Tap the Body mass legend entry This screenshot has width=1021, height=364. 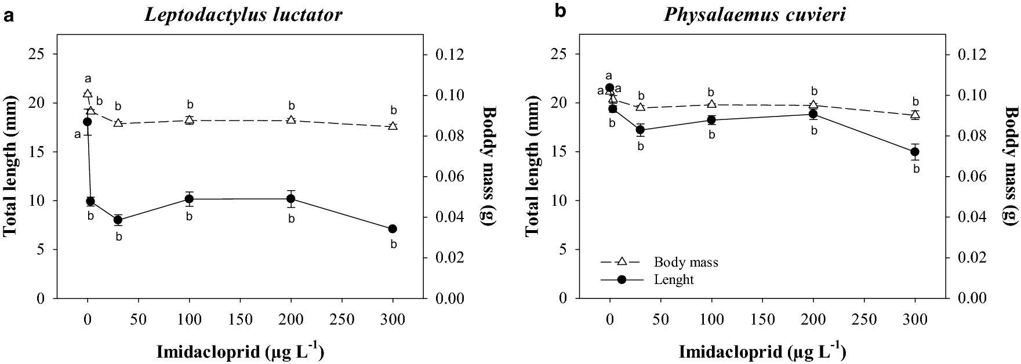[x=686, y=262]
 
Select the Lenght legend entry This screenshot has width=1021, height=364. [x=673, y=279]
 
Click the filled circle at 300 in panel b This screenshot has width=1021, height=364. [x=915, y=152]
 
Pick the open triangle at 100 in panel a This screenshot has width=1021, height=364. [x=189, y=120]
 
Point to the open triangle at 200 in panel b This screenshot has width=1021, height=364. [x=813, y=105]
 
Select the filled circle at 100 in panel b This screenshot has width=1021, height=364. [x=711, y=120]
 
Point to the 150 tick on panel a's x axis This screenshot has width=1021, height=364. [x=240, y=319]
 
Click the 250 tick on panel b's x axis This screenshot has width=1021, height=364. [x=864, y=319]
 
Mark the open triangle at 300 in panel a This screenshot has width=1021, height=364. [x=393, y=126]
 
